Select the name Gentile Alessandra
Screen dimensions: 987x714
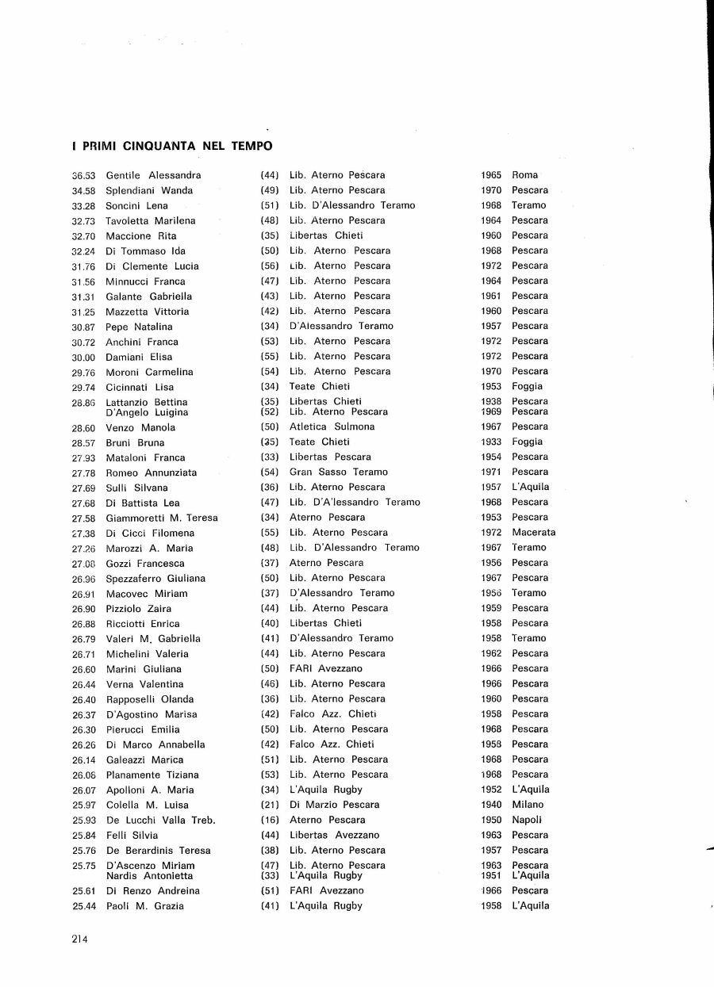click(153, 175)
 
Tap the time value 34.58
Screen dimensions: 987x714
click(83, 191)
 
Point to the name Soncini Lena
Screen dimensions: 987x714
click(136, 206)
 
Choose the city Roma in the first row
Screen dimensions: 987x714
click(524, 175)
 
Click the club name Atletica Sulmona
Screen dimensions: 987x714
click(332, 427)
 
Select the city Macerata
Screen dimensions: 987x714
click(533, 533)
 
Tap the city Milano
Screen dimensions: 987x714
click(528, 805)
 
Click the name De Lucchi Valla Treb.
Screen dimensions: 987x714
click(160, 821)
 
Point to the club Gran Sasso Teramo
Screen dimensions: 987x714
click(339, 472)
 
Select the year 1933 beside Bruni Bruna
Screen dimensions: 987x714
click(491, 442)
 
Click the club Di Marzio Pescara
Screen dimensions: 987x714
click(334, 805)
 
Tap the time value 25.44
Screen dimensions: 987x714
click(83, 906)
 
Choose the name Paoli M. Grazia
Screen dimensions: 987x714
click(144, 906)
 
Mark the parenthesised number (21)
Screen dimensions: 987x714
click(270, 805)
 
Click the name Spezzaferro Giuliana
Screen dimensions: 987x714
click(155, 579)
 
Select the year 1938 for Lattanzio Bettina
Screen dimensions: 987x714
click(491, 401)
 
